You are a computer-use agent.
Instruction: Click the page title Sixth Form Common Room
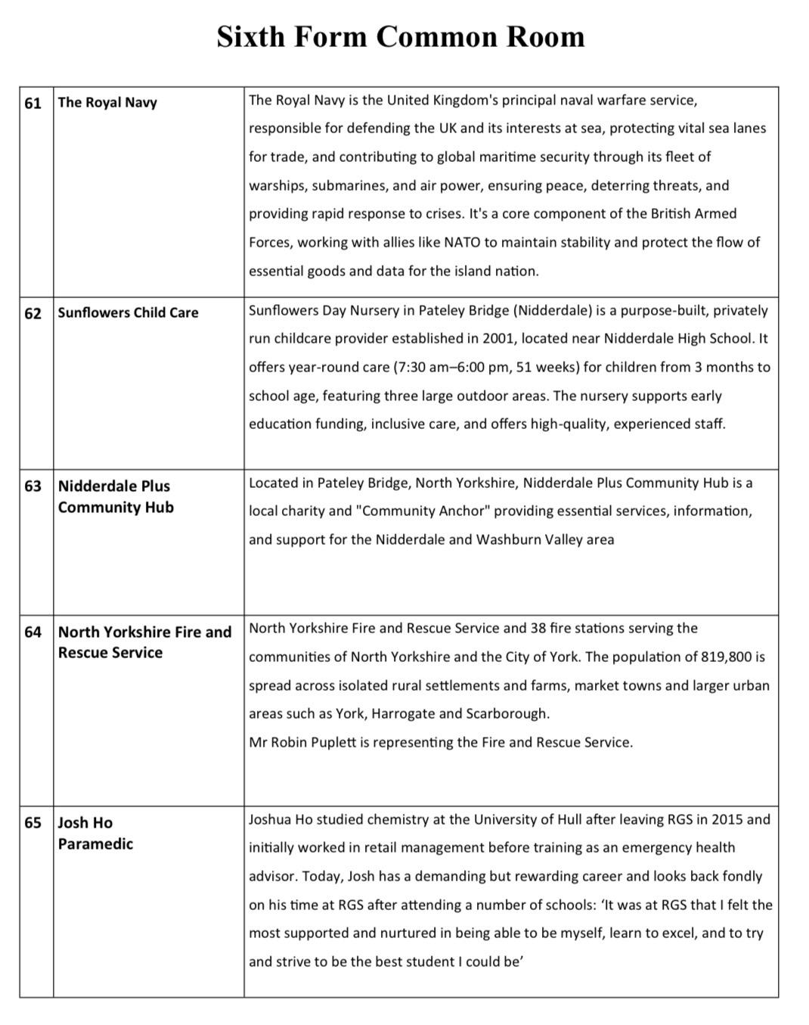tap(401, 36)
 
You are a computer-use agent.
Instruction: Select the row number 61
tap(33, 103)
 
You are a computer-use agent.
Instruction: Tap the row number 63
tap(33, 486)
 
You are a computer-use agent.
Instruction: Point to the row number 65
tap(33, 823)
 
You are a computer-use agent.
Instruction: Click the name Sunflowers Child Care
tap(128, 313)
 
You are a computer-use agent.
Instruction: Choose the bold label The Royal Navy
tap(107, 103)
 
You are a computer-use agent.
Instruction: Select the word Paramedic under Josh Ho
tap(95, 844)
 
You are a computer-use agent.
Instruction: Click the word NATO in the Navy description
tap(462, 243)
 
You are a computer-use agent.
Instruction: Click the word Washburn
tap(506, 540)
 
